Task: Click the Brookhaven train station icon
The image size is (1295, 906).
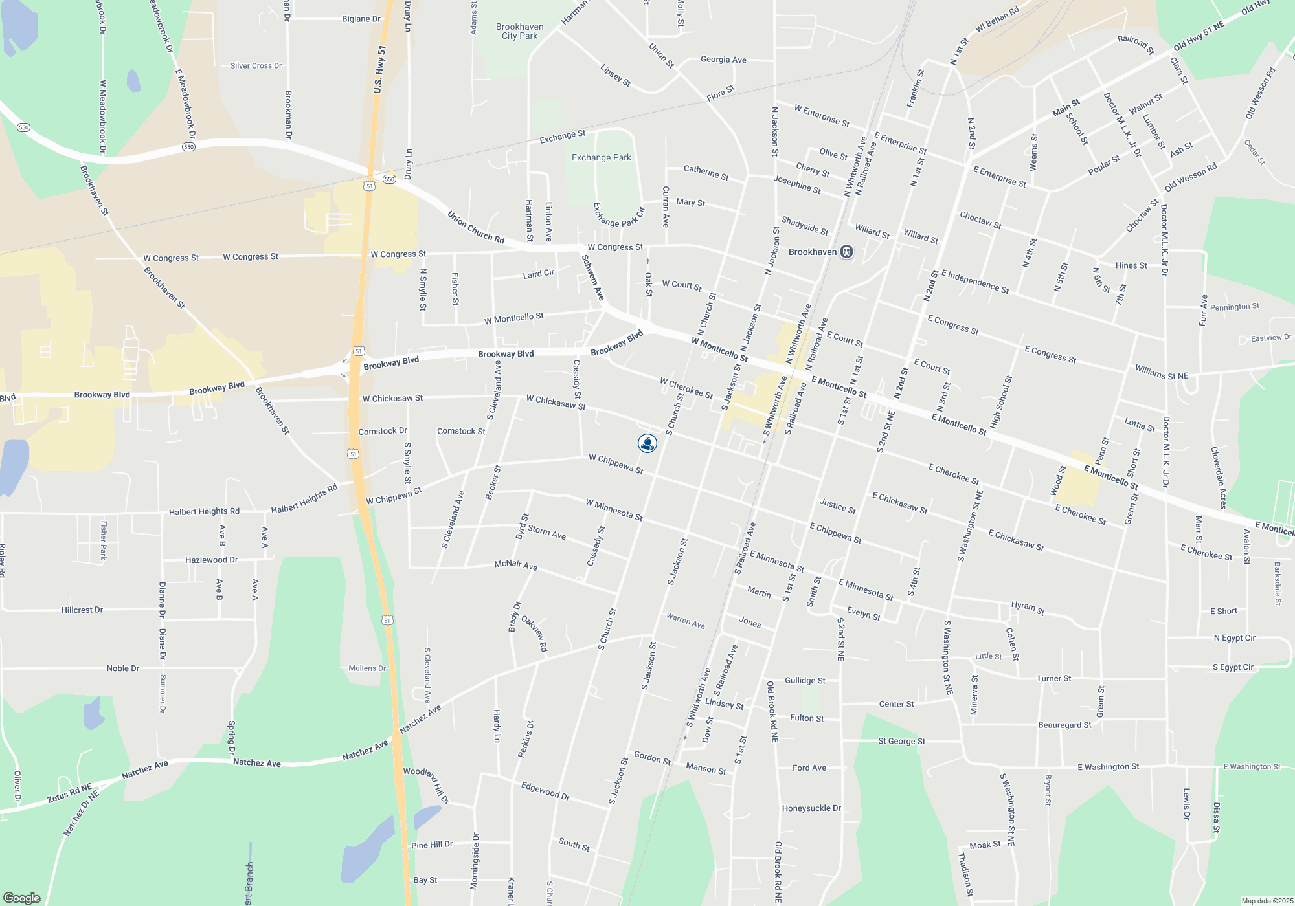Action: pyautogui.click(x=846, y=252)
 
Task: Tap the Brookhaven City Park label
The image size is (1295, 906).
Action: pyautogui.click(x=519, y=32)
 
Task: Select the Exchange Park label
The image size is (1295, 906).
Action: pyautogui.click(x=601, y=157)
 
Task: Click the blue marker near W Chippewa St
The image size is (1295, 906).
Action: pyautogui.click(x=647, y=443)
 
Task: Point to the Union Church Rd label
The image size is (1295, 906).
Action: pyautogui.click(x=476, y=226)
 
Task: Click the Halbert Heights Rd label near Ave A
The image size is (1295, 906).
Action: pyautogui.click(x=204, y=511)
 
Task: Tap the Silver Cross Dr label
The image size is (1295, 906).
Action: pyautogui.click(x=256, y=66)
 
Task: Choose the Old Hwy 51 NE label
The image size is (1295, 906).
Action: pyautogui.click(x=1199, y=36)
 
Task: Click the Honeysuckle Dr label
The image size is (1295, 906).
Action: pyautogui.click(x=811, y=808)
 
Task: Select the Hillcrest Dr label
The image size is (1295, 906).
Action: pyautogui.click(x=82, y=610)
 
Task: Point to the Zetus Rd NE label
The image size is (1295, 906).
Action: pyautogui.click(x=69, y=793)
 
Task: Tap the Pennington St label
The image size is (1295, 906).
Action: pyautogui.click(x=1235, y=307)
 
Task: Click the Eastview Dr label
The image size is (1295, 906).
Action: pyautogui.click(x=1271, y=338)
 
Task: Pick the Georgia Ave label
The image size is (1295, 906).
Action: pyautogui.click(x=723, y=60)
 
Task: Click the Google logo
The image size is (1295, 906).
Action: pyautogui.click(x=22, y=898)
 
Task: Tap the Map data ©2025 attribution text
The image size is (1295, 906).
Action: pyautogui.click(x=1267, y=901)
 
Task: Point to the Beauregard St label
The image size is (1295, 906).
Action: pyautogui.click(x=1064, y=725)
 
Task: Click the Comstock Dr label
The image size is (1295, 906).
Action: pyautogui.click(x=383, y=431)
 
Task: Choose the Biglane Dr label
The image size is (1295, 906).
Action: pyautogui.click(x=361, y=19)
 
